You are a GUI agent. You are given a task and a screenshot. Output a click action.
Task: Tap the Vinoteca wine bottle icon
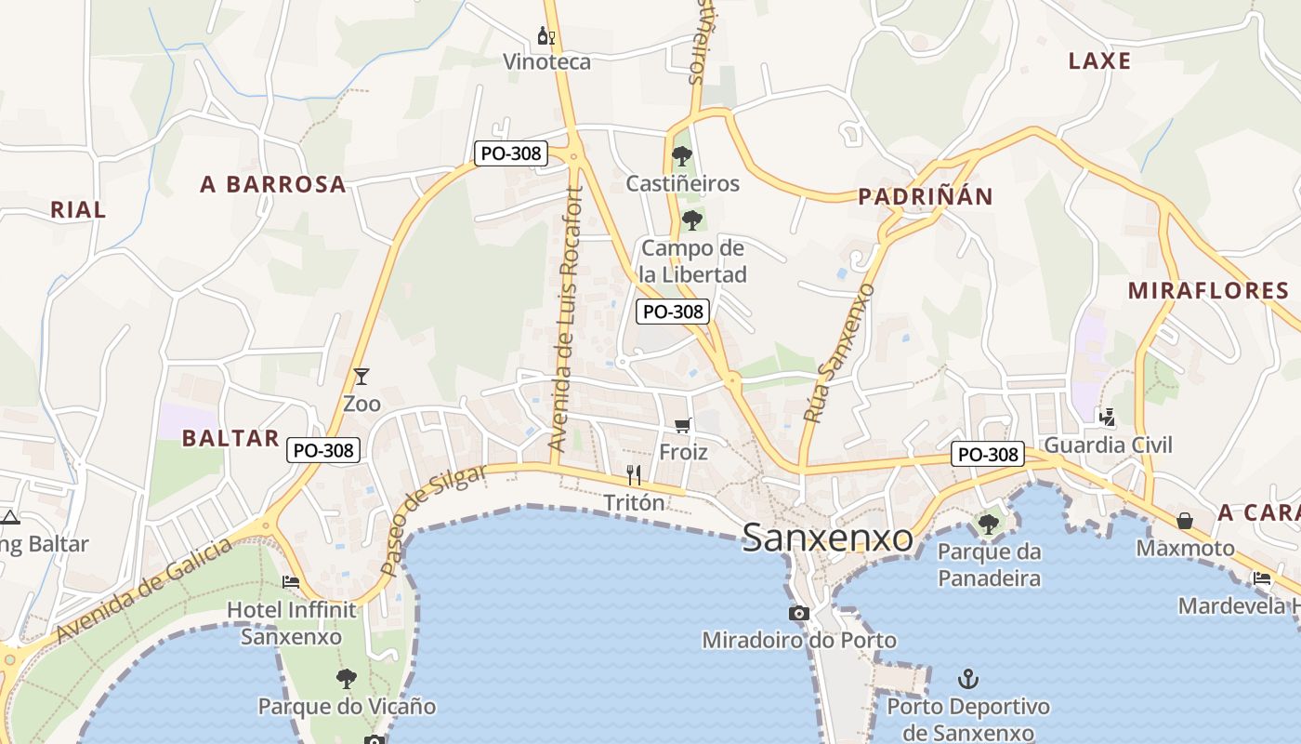tap(545, 36)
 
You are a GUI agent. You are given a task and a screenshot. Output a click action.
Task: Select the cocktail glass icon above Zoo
tap(361, 377)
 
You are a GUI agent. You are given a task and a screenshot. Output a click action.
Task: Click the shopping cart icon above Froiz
tap(683, 425)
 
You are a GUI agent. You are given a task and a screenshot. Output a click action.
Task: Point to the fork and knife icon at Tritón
tap(634, 475)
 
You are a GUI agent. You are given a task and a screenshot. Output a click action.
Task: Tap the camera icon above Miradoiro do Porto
tap(798, 613)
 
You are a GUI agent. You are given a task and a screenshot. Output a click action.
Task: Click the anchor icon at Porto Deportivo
tap(968, 679)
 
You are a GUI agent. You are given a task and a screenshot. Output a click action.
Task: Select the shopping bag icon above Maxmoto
tap(1185, 521)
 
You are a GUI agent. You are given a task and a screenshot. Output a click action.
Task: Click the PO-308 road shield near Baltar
tap(322, 450)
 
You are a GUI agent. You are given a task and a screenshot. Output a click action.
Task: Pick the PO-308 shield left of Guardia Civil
tap(988, 455)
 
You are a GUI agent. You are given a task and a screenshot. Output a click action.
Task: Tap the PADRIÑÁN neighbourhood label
tap(925, 196)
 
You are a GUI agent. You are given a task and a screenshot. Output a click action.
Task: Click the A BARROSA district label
tap(273, 184)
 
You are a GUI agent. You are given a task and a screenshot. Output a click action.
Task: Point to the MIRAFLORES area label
tap(1208, 290)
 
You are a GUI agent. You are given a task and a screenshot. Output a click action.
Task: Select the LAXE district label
tap(1099, 61)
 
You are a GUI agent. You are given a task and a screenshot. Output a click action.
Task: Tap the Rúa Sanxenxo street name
tap(838, 354)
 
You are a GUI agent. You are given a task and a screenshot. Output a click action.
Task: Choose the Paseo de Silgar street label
tap(433, 520)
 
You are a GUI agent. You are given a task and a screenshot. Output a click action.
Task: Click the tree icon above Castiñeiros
tap(682, 155)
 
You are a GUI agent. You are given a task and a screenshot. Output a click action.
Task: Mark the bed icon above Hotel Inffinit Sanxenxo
tap(291, 582)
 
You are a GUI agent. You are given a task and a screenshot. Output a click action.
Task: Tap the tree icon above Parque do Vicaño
tap(347, 678)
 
